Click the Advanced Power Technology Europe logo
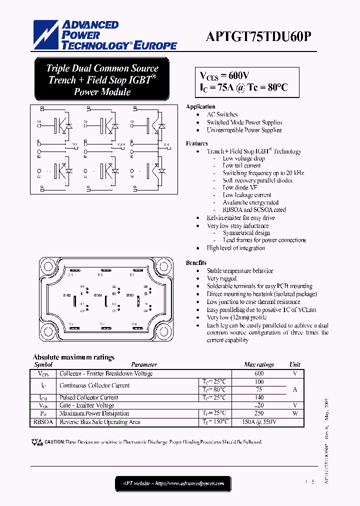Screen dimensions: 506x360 pyautogui.click(x=105, y=35)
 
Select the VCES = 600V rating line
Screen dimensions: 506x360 pyautogui.click(x=225, y=76)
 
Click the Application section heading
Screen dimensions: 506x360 pyautogui.click(x=200, y=106)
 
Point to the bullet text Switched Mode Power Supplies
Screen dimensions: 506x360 pyautogui.click(x=244, y=122)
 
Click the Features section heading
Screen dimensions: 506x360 pyautogui.click(x=196, y=143)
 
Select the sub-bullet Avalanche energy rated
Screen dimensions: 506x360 pyautogui.click(x=250, y=202)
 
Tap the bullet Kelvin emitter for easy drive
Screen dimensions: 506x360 pyautogui.click(x=240, y=218)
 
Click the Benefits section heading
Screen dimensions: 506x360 pyautogui.click(x=196, y=263)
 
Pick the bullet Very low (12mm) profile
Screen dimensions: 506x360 pyautogui.click(x=236, y=317)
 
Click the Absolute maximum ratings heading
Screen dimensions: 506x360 pyautogui.click(x=73, y=357)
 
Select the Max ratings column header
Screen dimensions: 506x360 pyautogui.click(x=259, y=365)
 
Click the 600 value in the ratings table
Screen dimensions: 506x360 pyautogui.click(x=259, y=373)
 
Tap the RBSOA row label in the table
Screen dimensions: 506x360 pyautogui.click(x=43, y=422)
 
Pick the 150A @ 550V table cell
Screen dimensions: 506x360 pyautogui.click(x=259, y=422)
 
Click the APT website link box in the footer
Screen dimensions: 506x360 pyautogui.click(x=173, y=483)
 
